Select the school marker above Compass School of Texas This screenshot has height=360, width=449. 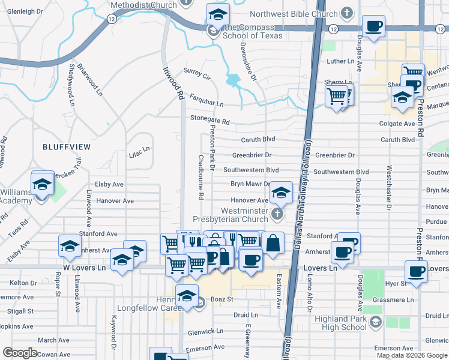(x=218, y=14)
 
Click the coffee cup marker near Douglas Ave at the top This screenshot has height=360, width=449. (x=374, y=26)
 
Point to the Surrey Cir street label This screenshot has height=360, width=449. (x=197, y=74)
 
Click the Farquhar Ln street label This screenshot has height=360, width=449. (x=206, y=96)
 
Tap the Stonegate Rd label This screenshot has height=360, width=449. (x=210, y=121)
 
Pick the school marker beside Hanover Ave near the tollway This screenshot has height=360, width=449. (x=280, y=193)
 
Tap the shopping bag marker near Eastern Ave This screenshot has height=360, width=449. (x=273, y=243)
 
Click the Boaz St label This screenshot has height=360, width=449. (x=221, y=299)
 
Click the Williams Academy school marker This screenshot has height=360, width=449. (x=43, y=184)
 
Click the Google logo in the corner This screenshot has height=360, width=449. (x=21, y=353)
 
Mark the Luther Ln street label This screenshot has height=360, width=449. (x=340, y=61)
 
